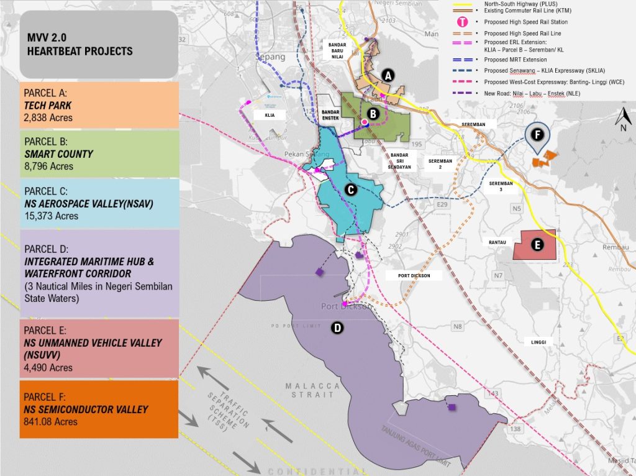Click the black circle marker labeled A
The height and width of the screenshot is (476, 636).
click(x=388, y=75)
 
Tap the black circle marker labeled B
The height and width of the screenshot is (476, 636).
click(x=373, y=114)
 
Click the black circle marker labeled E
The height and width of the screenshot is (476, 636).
click(x=537, y=245)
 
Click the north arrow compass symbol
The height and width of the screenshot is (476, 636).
click(x=622, y=119)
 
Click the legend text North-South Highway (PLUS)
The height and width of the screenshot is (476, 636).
click(x=520, y=3)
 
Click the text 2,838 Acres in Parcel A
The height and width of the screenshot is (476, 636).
click(x=48, y=117)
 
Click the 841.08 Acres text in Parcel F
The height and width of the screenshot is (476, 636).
click(x=51, y=421)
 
